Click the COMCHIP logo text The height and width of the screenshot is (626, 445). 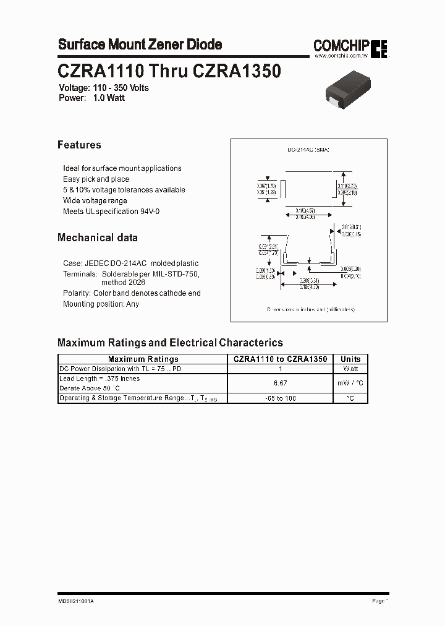341,45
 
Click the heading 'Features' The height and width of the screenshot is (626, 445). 79,145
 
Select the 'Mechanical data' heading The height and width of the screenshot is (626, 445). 98,238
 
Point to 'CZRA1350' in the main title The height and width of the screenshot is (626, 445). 237,72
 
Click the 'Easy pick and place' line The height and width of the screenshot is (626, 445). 96,179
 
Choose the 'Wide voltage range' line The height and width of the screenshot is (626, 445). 95,200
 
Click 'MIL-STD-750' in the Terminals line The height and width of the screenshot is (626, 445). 179,273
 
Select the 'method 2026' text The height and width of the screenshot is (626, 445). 123,282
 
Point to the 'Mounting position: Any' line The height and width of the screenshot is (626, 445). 101,304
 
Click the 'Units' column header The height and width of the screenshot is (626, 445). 350,359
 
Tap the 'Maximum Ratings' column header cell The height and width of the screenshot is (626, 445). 143,359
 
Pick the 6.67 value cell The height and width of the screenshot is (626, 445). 280,384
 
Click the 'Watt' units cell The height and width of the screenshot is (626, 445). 350,369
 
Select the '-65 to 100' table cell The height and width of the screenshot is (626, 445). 280,398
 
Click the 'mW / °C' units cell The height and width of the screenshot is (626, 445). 350,384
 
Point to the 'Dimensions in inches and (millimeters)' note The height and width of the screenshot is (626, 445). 311,309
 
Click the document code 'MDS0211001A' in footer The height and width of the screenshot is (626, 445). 77,601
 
